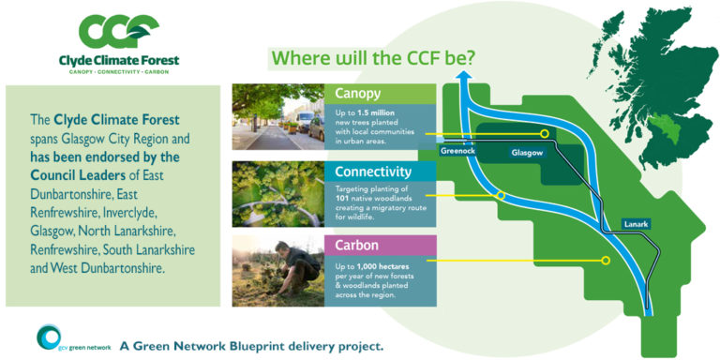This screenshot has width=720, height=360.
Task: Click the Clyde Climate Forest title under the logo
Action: click(117, 61)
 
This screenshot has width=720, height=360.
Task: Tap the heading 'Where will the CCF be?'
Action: click(373, 58)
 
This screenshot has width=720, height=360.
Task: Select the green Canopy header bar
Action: click(380, 94)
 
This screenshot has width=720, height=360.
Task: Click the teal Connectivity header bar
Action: click(380, 172)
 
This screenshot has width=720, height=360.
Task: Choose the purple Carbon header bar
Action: click(380, 246)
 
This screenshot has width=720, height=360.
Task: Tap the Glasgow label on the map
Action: click(527, 152)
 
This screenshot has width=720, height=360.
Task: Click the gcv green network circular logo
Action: click(49, 339)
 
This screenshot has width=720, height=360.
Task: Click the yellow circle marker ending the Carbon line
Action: click(606, 261)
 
